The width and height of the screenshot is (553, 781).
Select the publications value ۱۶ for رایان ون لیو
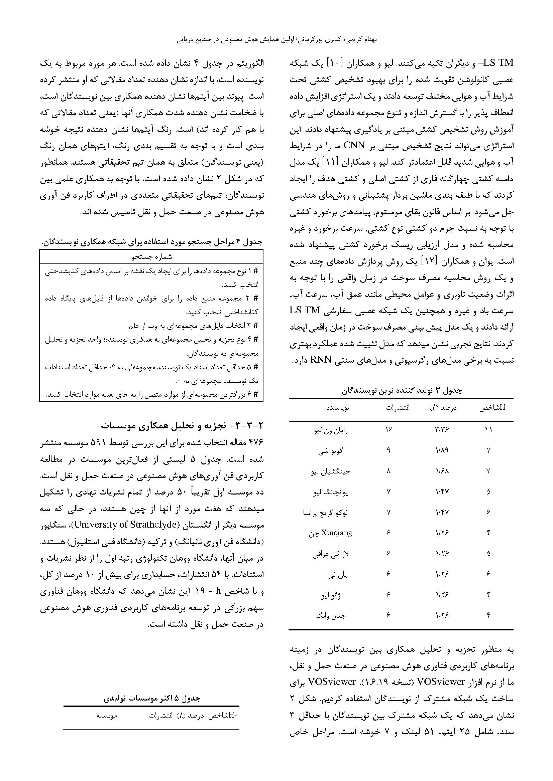pos(389,430)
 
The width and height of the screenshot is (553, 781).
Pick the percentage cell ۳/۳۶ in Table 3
pos(442,430)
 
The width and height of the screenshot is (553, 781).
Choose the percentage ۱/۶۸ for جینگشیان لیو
pos(442,471)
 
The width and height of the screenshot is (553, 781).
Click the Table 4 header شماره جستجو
pos(151,257)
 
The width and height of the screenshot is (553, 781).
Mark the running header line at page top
pos(276,40)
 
